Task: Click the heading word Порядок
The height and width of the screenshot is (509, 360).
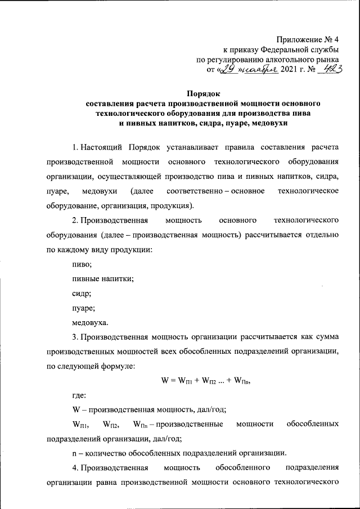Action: click(204, 94)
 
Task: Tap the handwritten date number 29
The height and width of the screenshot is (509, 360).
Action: click(227, 70)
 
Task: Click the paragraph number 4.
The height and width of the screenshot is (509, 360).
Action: click(75, 468)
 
